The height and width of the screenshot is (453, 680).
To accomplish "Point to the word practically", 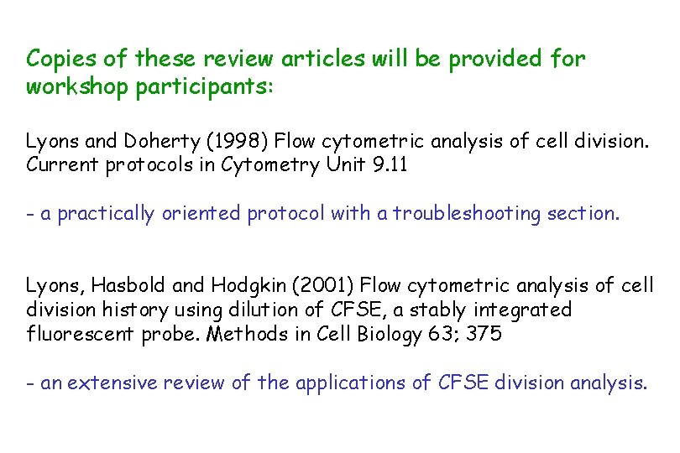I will (106, 214).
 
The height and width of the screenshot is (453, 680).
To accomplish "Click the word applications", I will (374, 383).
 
